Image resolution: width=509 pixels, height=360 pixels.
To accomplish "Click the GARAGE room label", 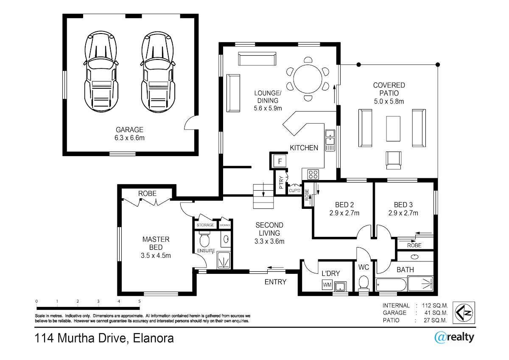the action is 129,129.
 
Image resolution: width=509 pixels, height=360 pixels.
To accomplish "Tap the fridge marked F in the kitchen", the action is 280,161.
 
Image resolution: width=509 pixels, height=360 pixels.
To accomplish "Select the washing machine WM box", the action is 327,285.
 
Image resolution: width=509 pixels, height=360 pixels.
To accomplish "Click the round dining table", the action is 308,79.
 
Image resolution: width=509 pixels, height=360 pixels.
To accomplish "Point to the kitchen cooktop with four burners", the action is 313,174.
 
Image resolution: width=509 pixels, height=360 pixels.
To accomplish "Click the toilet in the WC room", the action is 364,283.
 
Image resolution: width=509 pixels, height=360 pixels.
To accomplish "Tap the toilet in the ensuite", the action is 204,239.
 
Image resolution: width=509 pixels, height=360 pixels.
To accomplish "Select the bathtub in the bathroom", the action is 391,285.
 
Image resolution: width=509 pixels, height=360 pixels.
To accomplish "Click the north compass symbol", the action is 464,313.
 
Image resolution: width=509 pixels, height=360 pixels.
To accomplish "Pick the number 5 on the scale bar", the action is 139,301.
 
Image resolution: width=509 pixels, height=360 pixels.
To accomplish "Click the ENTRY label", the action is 275,282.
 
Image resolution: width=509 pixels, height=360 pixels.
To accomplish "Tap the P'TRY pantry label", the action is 281,183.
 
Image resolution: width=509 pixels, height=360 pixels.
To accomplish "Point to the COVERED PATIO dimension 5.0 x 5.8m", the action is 389,101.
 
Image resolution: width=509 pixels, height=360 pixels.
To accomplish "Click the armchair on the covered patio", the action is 393,160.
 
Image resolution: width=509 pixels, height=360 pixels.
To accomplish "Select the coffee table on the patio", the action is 393,129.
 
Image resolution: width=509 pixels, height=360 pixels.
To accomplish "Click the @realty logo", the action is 454,337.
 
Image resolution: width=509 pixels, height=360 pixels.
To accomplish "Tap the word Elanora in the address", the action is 154,338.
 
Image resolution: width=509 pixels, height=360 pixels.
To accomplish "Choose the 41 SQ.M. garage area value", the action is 436,313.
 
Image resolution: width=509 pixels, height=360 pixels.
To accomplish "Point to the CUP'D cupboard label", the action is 294,191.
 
